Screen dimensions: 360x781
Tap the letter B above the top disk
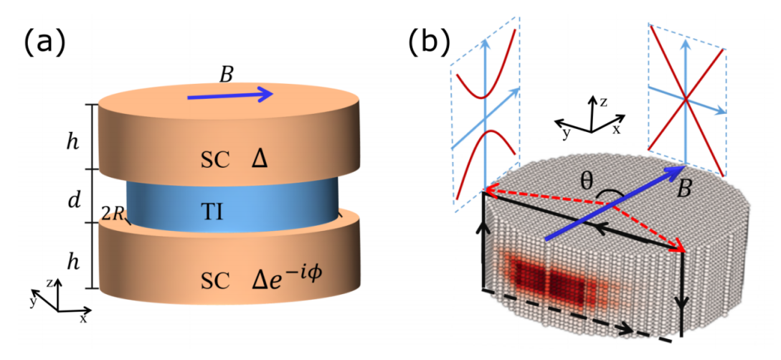click(x=226, y=74)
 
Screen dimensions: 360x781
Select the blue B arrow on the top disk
click(x=229, y=94)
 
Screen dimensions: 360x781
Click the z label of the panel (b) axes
click(x=605, y=103)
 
